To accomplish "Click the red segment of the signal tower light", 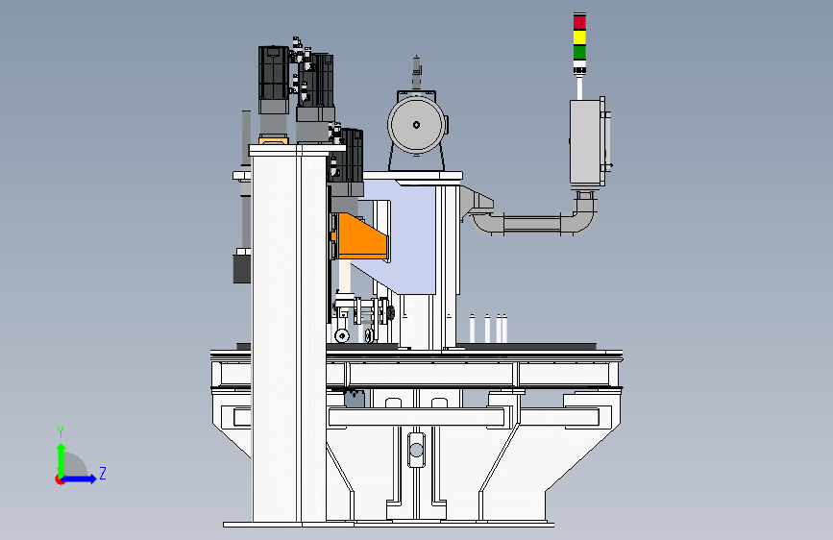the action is point(579,22).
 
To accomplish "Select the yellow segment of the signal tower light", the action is point(579,37).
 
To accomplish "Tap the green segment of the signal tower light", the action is point(579,52).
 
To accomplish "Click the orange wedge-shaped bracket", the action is point(360,236).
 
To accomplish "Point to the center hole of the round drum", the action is point(416,125).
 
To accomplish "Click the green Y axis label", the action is point(61,432).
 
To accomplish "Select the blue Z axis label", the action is point(103,473).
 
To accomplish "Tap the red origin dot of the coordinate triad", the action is point(60,479).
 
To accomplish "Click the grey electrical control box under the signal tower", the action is point(587,142).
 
